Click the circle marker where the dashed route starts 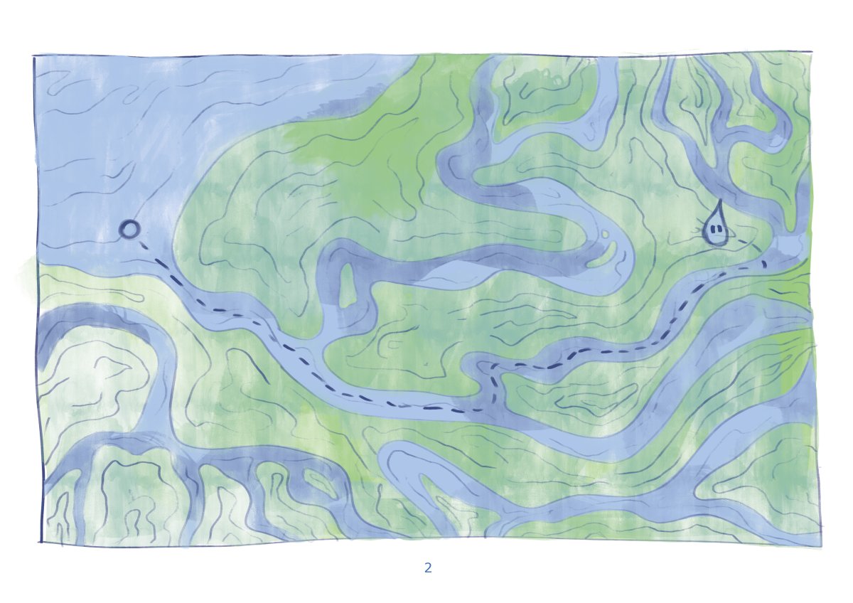[x=129, y=229]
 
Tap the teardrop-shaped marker [x=715, y=228]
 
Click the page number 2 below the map [x=428, y=567]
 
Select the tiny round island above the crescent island [x=605, y=233]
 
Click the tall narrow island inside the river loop [x=347, y=284]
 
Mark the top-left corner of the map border [x=33, y=55]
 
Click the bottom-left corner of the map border [x=40, y=542]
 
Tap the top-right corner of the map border [x=812, y=51]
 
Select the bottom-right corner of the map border [x=821, y=546]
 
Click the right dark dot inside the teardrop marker [x=719, y=229]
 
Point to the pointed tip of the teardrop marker [x=719, y=202]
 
